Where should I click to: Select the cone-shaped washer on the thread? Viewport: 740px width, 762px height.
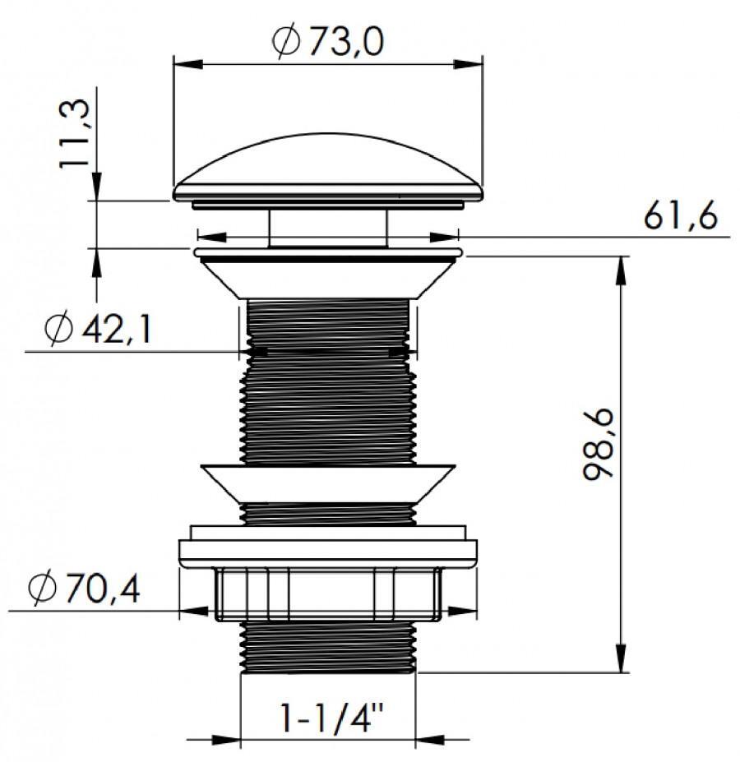pyautogui.click(x=327, y=481)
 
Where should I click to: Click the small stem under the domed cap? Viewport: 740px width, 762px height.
pyautogui.click(x=327, y=227)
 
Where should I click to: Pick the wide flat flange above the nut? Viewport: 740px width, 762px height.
pyautogui.click(x=327, y=551)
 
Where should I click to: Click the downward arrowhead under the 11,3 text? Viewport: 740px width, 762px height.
pyautogui.click(x=97, y=186)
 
